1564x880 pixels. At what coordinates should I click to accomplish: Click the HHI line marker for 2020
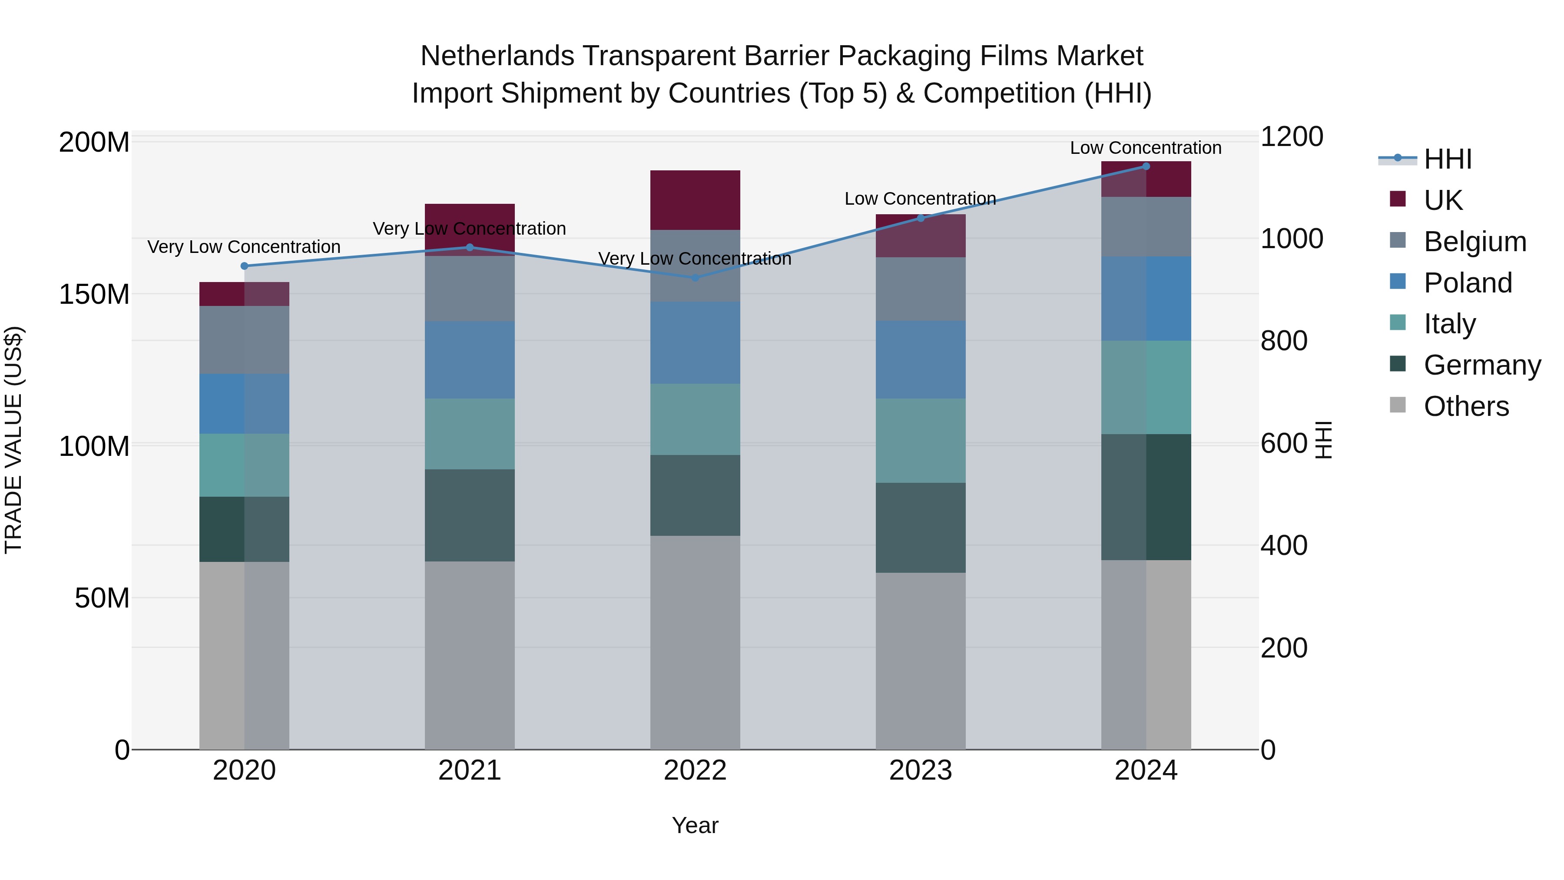(244, 266)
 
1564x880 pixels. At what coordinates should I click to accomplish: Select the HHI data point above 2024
(1146, 166)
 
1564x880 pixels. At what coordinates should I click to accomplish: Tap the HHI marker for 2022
(695, 278)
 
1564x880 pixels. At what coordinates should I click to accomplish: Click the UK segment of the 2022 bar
(695, 200)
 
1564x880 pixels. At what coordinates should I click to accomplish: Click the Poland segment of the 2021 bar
(469, 359)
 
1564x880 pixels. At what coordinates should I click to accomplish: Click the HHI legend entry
(1448, 159)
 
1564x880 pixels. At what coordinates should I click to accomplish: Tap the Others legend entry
(1466, 406)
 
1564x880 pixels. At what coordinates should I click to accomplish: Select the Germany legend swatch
(1398, 364)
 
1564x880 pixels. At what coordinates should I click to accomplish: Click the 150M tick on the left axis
(94, 295)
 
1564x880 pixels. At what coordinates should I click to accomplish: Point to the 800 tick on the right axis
(1283, 341)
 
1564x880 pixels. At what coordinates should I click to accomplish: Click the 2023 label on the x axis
(921, 770)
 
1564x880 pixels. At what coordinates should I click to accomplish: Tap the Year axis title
(695, 825)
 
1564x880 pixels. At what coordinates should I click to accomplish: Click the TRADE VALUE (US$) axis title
(13, 440)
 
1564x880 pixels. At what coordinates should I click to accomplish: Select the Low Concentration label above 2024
(1145, 148)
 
